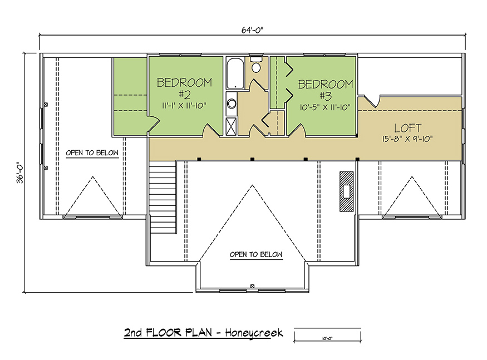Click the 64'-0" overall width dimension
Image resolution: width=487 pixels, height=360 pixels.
pos(252,30)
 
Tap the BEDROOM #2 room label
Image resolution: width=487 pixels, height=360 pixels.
pos(184,88)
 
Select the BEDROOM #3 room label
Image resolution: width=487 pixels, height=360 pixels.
pos(326,90)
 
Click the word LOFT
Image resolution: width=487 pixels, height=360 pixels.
pos(407,128)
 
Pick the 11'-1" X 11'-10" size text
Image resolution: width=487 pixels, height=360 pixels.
pos(184,106)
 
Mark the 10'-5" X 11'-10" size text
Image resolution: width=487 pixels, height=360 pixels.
pos(325,107)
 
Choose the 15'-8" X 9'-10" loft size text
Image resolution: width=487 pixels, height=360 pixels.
pos(407,139)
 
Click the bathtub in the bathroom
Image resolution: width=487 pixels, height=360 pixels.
pos(235,73)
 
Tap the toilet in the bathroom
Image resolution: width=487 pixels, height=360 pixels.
pos(256,65)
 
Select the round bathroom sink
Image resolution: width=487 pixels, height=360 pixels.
pos(232,103)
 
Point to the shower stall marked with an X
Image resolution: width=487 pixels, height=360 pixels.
pos(231,126)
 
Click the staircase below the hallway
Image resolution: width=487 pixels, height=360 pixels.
pos(163,198)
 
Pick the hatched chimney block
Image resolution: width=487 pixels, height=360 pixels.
pos(346,191)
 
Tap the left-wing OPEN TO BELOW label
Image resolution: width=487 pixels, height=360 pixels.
pos(92,153)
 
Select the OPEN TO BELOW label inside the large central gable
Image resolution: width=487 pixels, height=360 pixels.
pos(256,254)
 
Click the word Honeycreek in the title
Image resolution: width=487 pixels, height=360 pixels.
pos(254,333)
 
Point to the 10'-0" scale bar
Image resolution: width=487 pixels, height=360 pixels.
pos(327,335)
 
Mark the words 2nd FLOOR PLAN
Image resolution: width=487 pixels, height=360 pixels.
pos(168,333)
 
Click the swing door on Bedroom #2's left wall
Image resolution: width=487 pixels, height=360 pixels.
pos(153,124)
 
